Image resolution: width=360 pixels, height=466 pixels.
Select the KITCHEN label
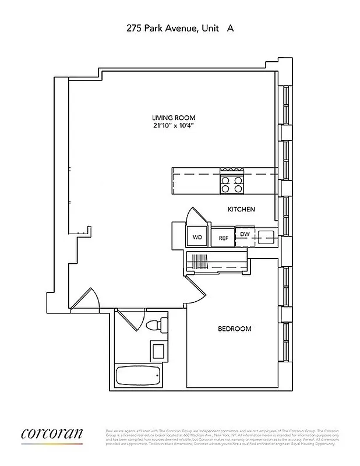click(x=241, y=209)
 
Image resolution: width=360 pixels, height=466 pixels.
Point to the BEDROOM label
click(x=235, y=329)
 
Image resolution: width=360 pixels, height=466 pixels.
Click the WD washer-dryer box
click(x=197, y=238)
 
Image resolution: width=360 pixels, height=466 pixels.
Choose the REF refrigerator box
click(x=223, y=238)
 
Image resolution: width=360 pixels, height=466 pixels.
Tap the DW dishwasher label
click(x=244, y=234)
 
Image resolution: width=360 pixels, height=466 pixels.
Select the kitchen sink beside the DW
click(x=266, y=236)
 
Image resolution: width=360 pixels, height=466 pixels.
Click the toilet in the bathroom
click(x=156, y=324)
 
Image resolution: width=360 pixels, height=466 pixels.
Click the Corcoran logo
click(x=52, y=434)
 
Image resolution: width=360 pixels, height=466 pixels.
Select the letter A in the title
click(x=231, y=27)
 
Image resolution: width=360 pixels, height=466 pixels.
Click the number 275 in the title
click(x=135, y=27)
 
